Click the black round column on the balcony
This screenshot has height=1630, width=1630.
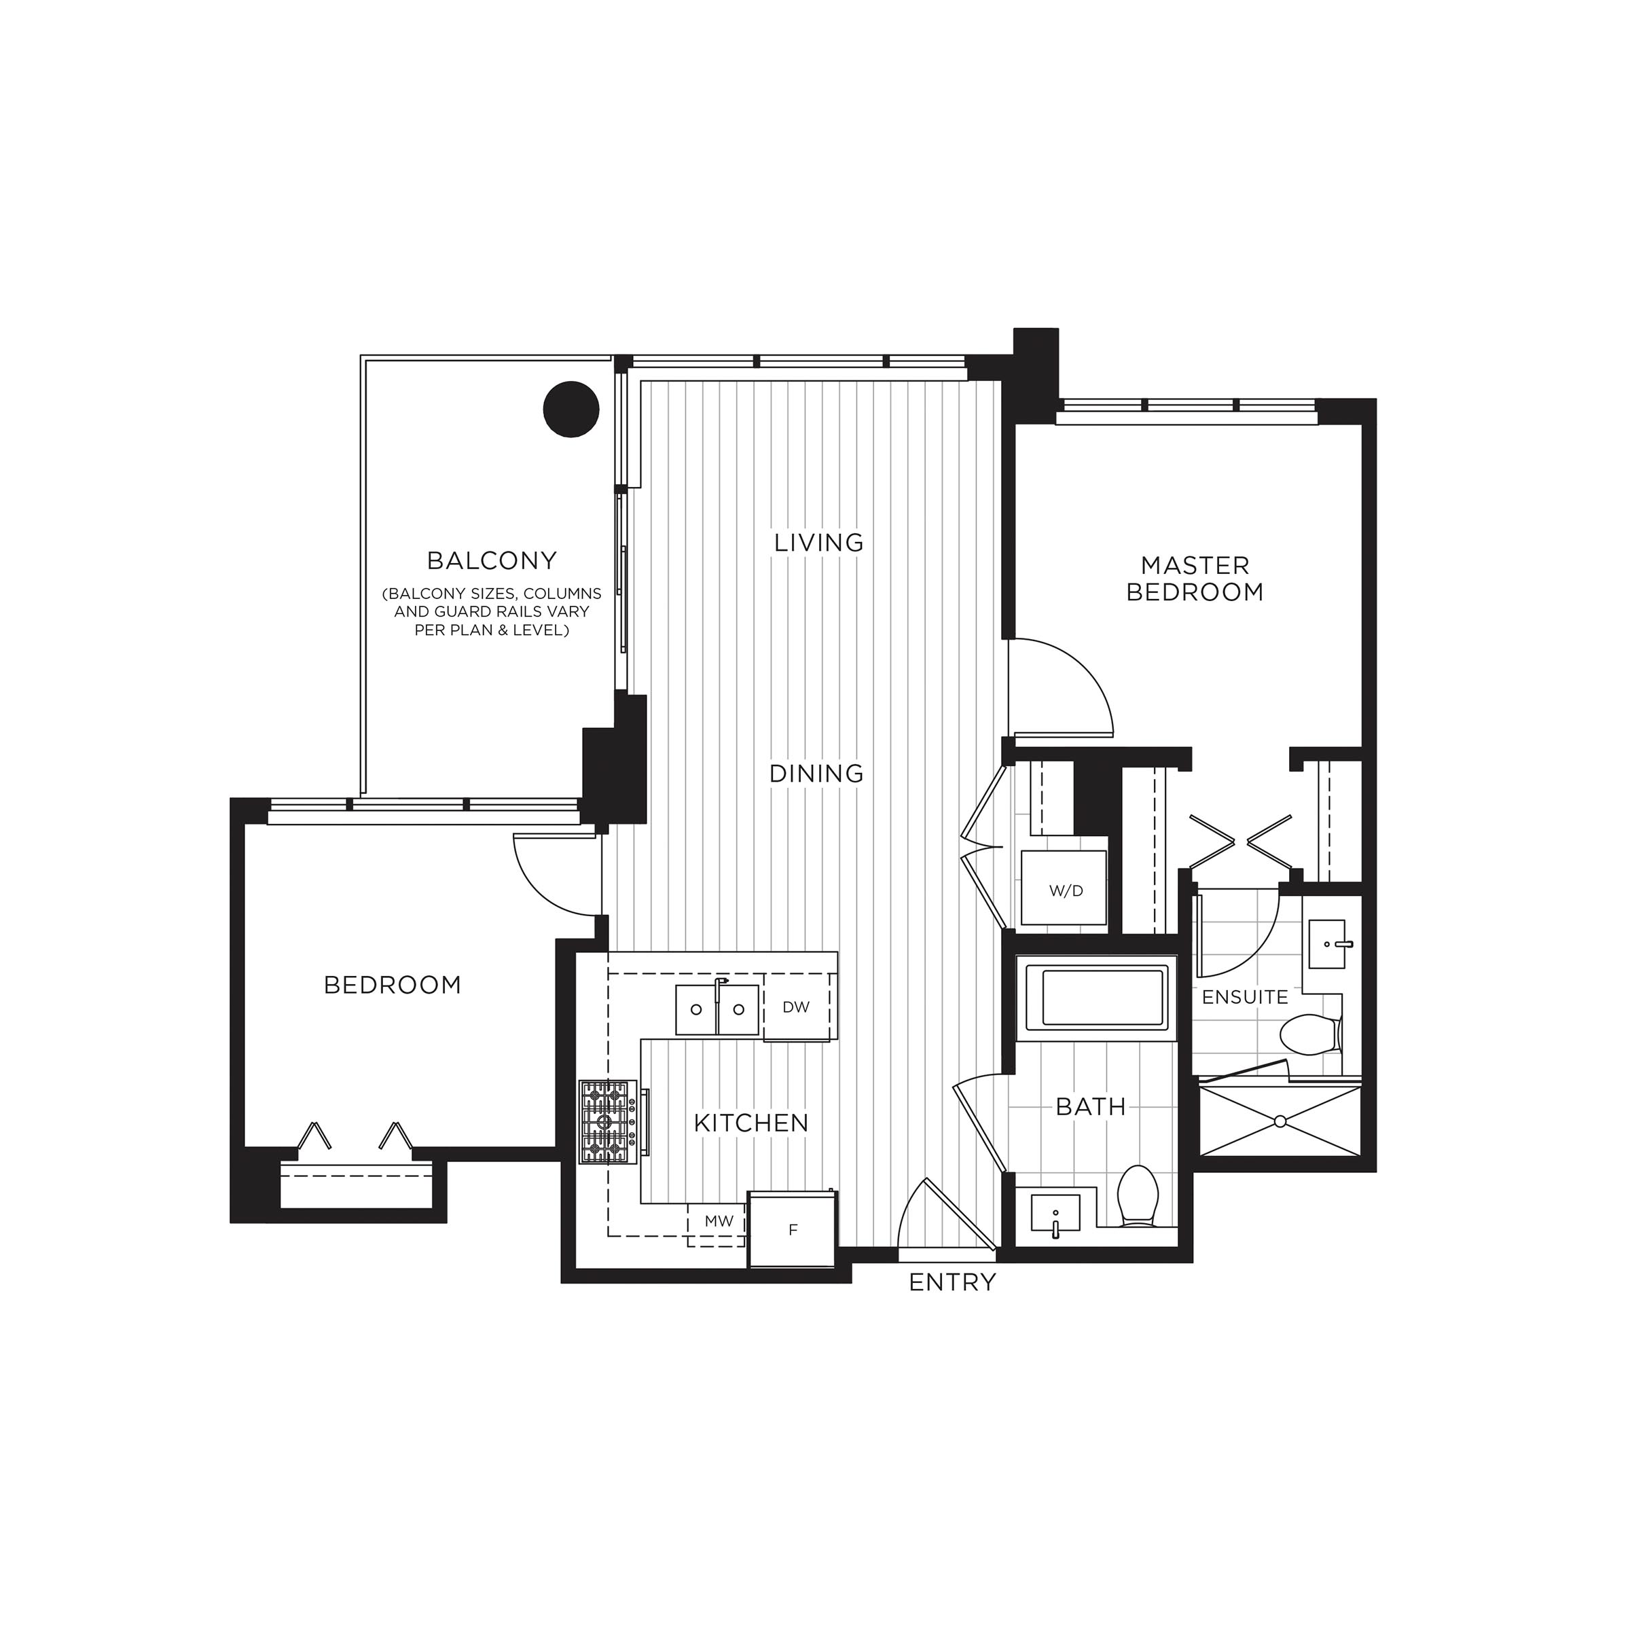pos(570,409)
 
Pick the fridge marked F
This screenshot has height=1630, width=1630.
pos(792,1229)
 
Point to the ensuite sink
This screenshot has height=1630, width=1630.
pos(1330,943)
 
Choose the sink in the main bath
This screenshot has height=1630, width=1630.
pos(1055,1216)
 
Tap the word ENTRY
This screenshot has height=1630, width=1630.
pos(952,1283)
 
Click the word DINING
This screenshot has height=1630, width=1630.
pos(816,773)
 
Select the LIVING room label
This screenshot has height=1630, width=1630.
pos(819,543)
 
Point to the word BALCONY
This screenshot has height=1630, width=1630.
pos(492,560)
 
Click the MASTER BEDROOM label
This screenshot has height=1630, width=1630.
pos(1195,579)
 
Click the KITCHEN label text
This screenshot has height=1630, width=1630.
pos(752,1123)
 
